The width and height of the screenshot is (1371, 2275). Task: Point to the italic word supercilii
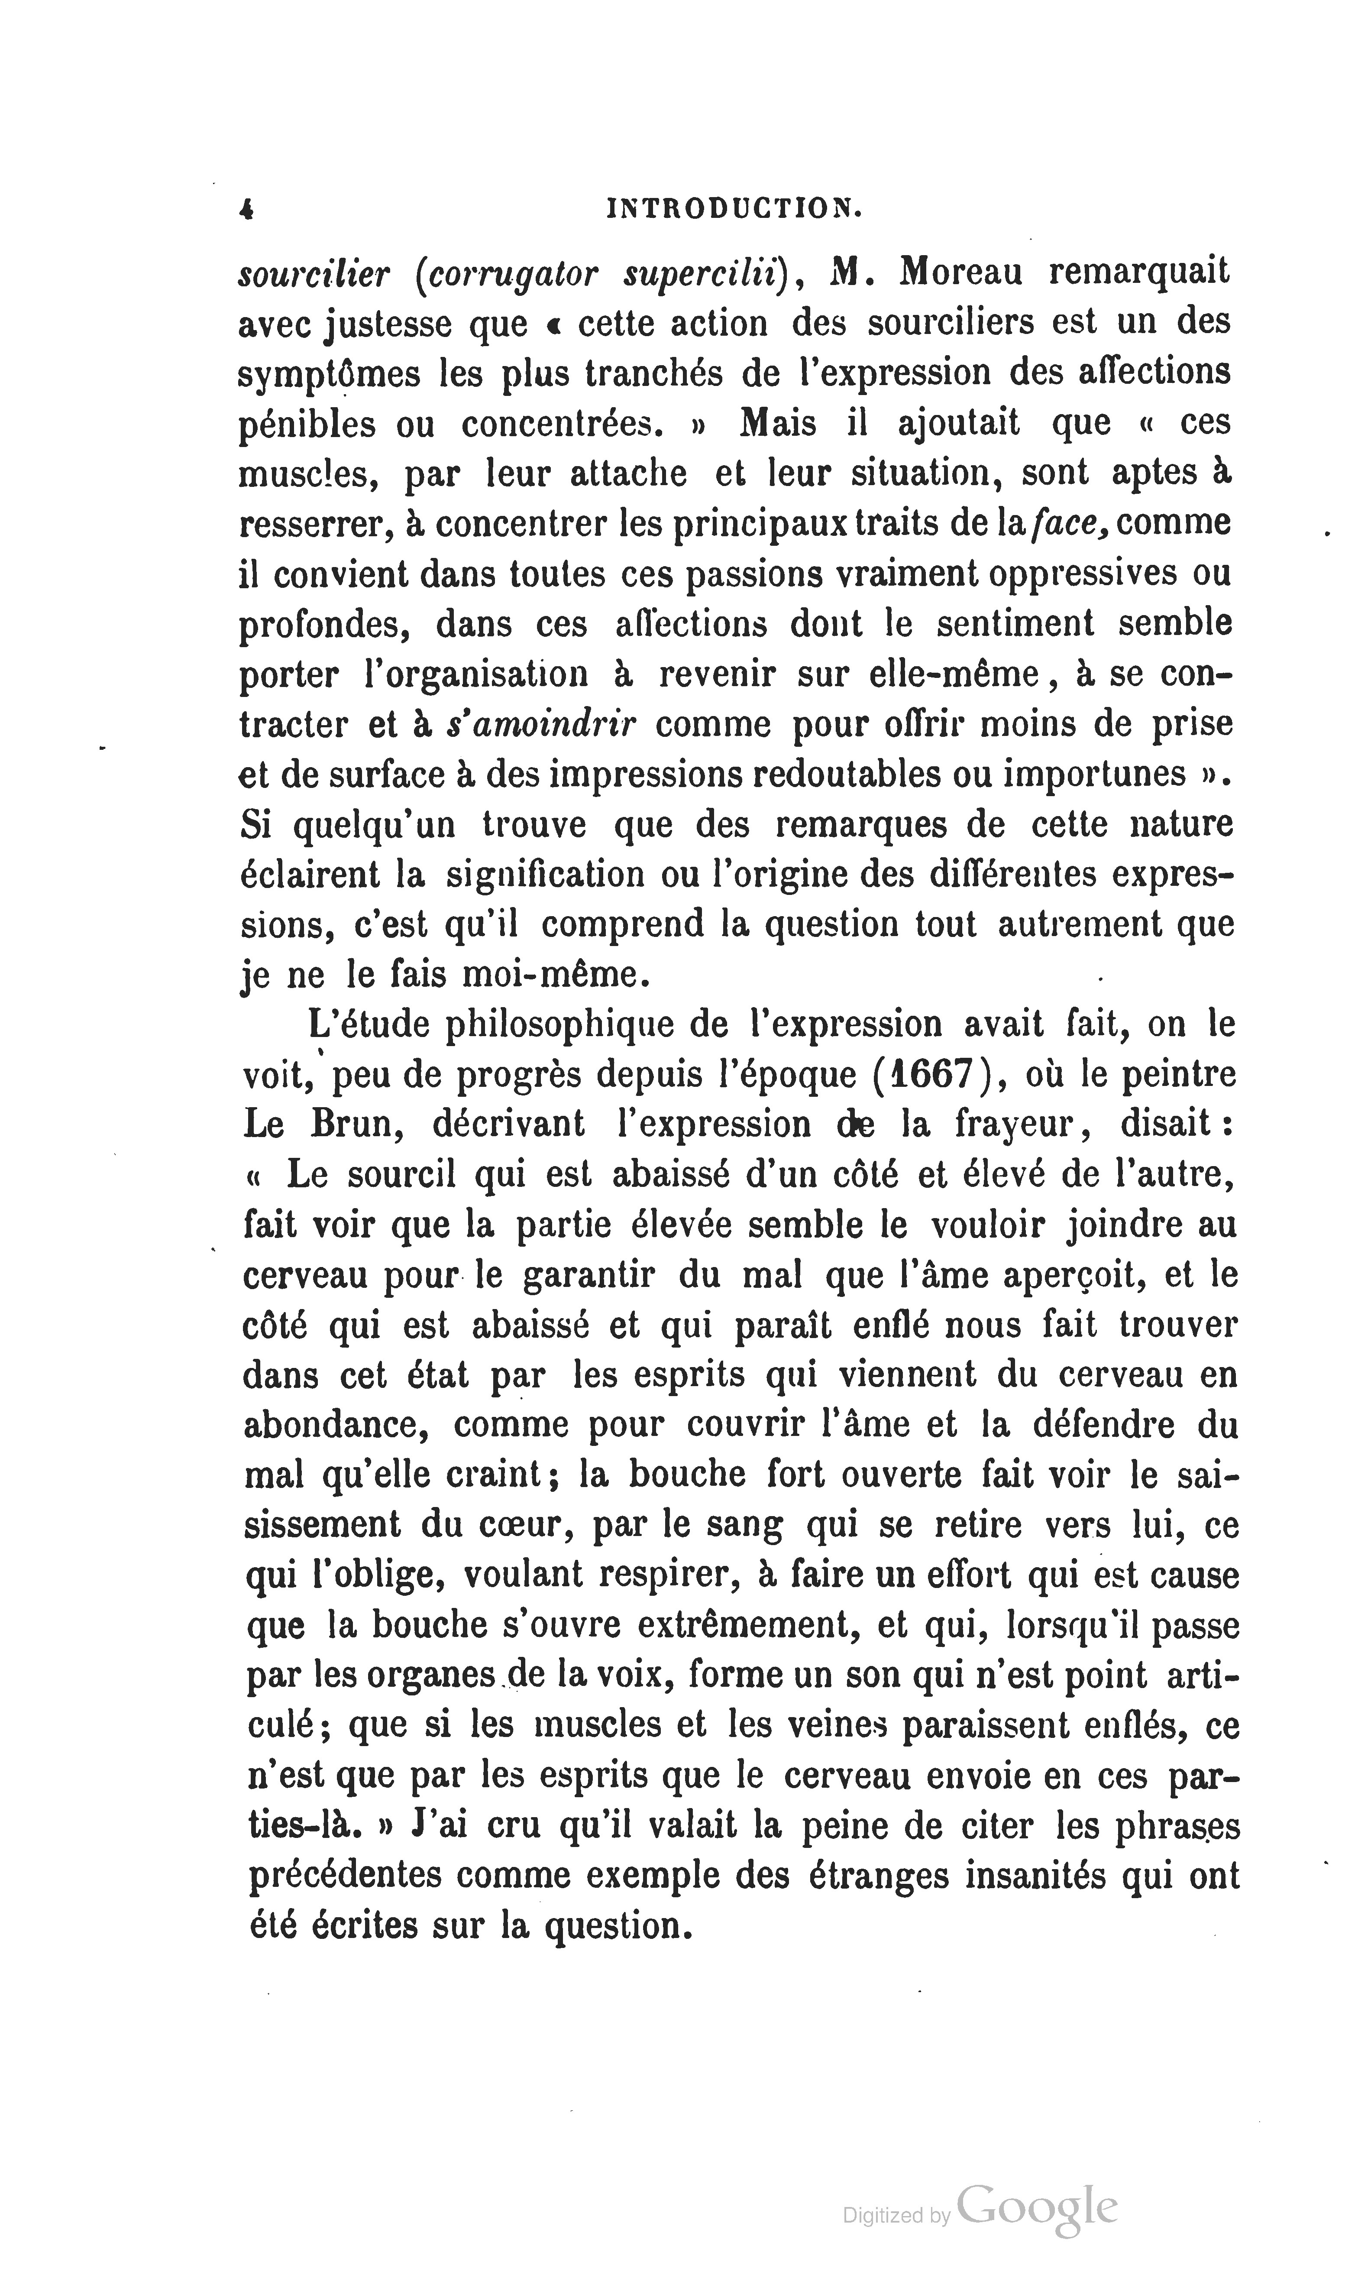705,274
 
